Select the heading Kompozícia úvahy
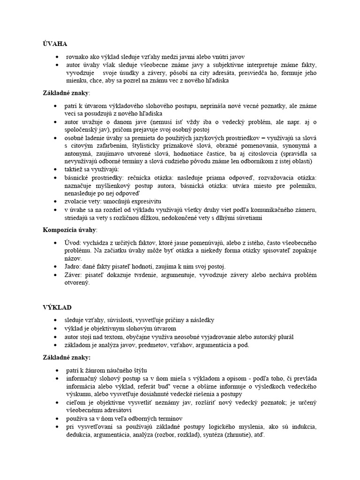pyautogui.click(x=70, y=230)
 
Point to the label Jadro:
pyautogui.click(x=74, y=266)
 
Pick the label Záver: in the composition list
pyautogui.click(x=75, y=275)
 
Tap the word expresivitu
pyautogui.click(x=153, y=202)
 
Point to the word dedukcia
pyautogui.click(x=80, y=435)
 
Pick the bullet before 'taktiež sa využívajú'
pyautogui.click(x=57, y=169)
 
